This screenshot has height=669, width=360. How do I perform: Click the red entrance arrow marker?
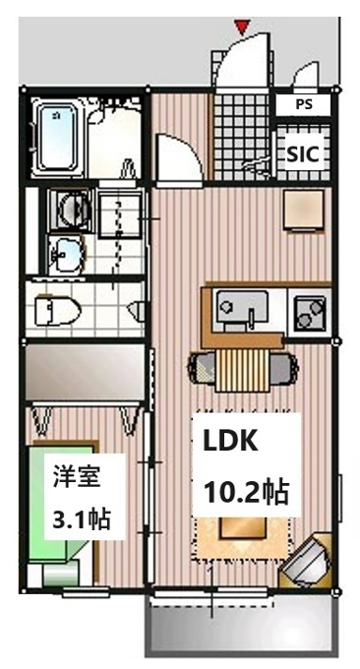coord(242,28)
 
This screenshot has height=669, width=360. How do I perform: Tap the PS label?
coord(304,104)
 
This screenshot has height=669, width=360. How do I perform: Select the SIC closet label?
coord(302,153)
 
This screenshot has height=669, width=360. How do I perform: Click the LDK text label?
coord(230,442)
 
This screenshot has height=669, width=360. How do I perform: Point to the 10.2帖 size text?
coord(247,492)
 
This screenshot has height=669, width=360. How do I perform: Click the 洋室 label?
coord(77,476)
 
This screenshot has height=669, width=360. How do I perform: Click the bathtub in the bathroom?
coord(59,138)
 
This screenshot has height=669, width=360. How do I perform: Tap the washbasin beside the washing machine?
coord(66,255)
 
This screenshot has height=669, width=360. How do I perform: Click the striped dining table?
coord(243,370)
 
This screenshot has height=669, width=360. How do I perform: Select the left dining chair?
coord(203,368)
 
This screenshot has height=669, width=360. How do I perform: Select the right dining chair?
coord(284,368)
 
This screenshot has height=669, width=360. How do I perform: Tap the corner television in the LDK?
coord(305,558)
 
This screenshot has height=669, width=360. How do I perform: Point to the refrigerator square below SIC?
coord(304,210)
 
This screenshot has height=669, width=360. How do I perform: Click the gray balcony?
coord(241,631)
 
